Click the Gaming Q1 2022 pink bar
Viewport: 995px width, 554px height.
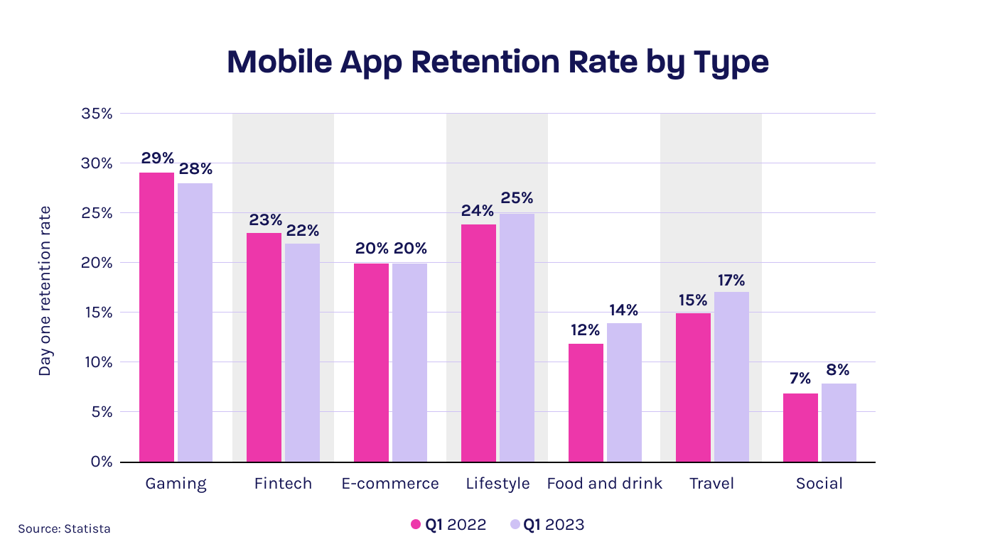[156, 317]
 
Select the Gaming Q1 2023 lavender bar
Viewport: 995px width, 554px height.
[195, 322]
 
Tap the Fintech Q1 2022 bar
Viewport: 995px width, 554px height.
[264, 347]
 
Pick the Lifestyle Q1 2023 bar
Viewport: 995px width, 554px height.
[517, 337]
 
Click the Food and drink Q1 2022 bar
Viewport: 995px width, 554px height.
[586, 403]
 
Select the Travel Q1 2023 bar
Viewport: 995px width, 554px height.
[731, 376]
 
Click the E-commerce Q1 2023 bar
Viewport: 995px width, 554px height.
[409, 362]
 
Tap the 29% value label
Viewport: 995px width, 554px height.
[156, 158]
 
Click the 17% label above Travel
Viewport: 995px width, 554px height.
[732, 280]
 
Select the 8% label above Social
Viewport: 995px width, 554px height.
[839, 370]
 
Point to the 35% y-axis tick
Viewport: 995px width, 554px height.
[96, 114]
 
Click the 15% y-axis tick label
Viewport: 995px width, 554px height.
[96, 313]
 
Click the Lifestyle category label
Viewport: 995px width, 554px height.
[497, 484]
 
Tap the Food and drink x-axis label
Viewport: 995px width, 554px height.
[604, 484]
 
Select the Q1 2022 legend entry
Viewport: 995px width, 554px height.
[448, 525]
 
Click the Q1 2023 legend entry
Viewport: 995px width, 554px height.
[547, 525]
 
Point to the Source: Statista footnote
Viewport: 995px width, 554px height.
[64, 528]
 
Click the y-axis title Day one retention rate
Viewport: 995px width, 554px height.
[45, 290]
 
